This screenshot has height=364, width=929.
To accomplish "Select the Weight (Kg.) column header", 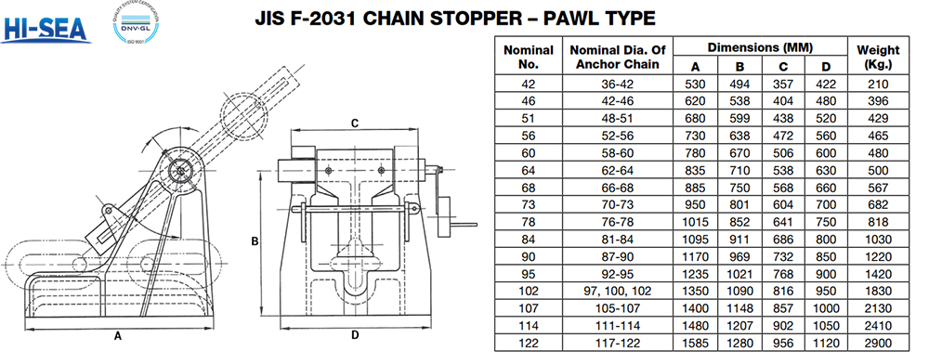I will (x=877, y=57).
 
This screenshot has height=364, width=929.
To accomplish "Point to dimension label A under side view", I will (x=118, y=337).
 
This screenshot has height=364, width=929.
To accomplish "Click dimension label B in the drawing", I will (x=255, y=241).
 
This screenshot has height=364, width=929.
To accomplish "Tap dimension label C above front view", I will (x=354, y=122).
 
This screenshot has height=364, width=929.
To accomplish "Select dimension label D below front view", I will (x=355, y=335).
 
